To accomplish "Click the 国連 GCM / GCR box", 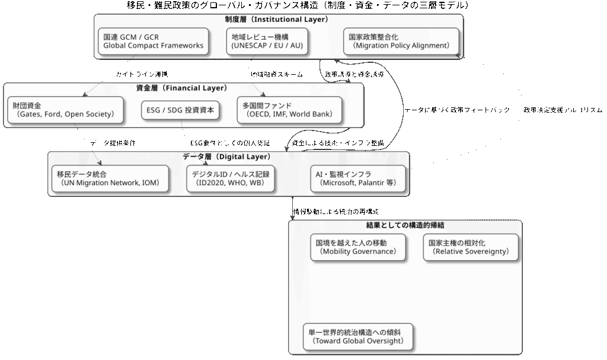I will pos(153,42).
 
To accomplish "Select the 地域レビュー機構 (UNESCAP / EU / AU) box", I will pos(267,42).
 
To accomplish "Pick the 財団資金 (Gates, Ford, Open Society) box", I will pos(66,110).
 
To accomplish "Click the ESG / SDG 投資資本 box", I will pos(181,110).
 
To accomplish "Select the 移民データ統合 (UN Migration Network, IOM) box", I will pos(108,179).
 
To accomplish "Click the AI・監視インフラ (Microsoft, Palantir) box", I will pos(358,179).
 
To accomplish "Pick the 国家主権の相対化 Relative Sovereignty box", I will pos(470,247).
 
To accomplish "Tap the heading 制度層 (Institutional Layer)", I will pos(276,19).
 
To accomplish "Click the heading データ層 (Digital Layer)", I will pos(227,157).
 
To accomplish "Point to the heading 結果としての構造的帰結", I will pos(405,225).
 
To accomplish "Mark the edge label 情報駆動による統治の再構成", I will pos(336,212).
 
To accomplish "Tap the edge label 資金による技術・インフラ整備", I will pos(338,143).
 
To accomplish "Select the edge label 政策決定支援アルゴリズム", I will pos(563,110).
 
